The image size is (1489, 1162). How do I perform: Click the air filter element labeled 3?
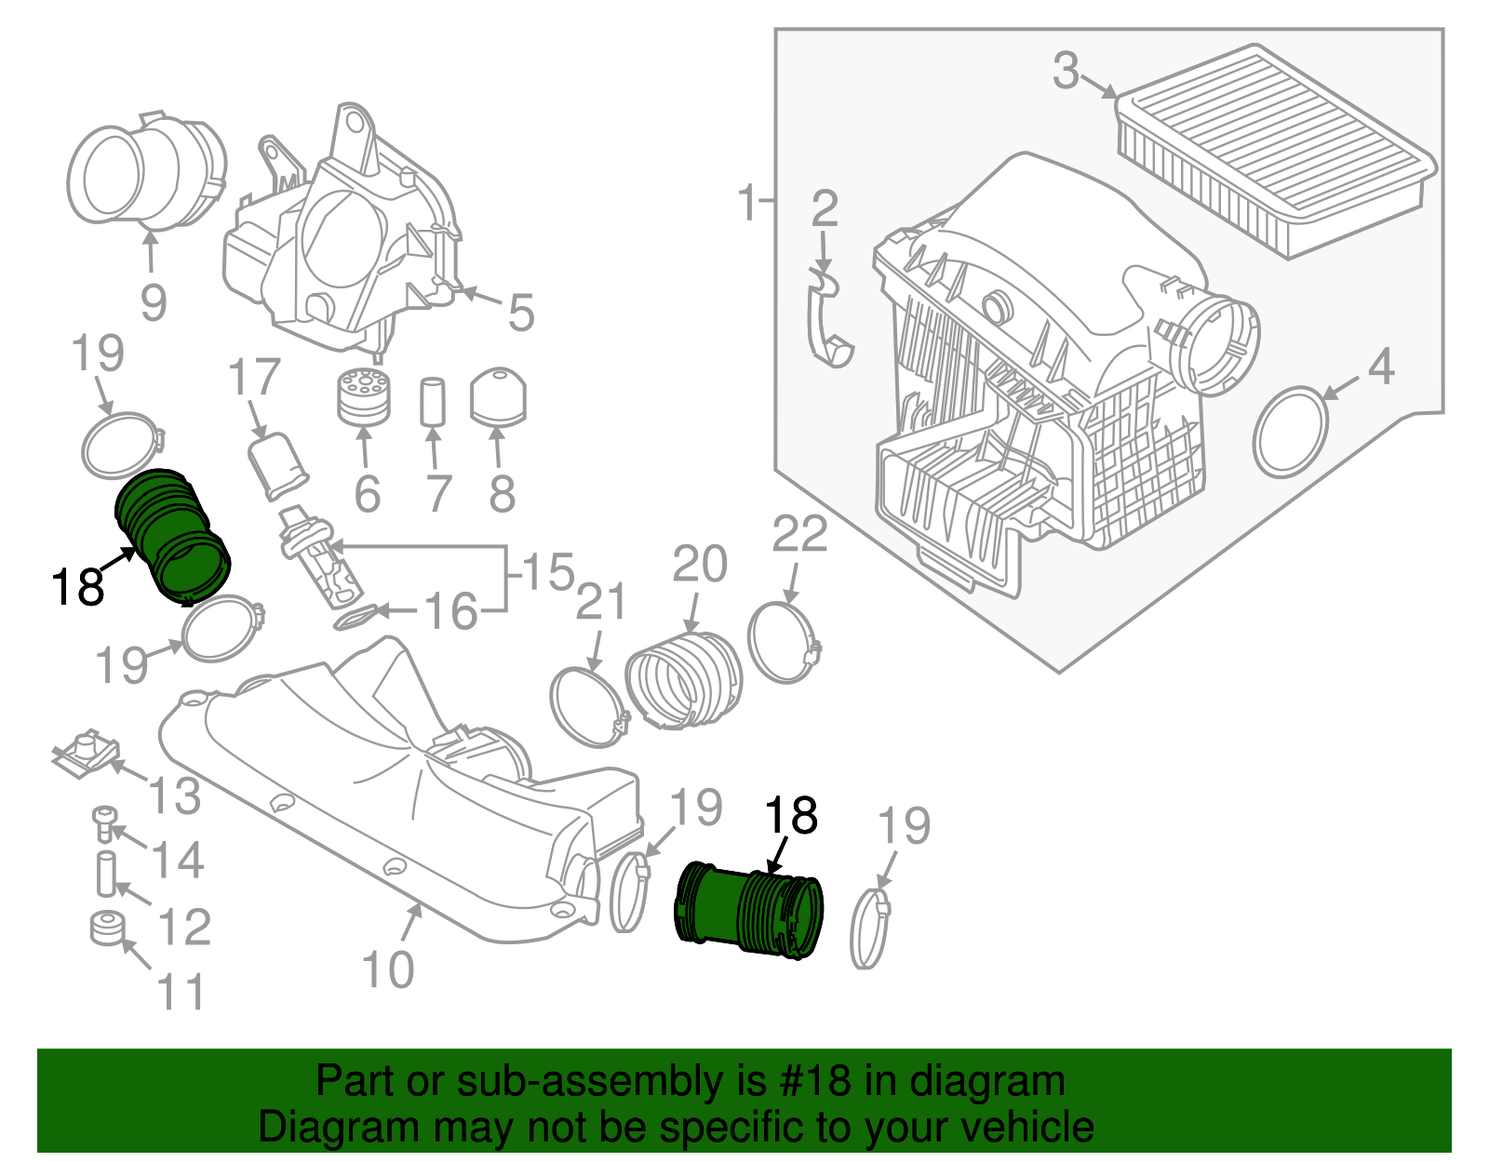point(1275,149)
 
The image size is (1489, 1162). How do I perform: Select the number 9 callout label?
point(154,302)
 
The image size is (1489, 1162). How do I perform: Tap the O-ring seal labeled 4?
point(1290,432)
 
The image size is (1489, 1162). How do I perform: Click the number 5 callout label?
point(521,313)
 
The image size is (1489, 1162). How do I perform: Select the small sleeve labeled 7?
point(434,401)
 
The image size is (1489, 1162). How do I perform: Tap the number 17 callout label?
point(254,378)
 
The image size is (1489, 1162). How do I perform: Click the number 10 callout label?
point(387,969)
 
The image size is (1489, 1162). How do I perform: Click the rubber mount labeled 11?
point(108,928)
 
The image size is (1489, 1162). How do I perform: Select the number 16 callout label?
point(450,612)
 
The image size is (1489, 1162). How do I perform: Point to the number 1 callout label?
point(747,202)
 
